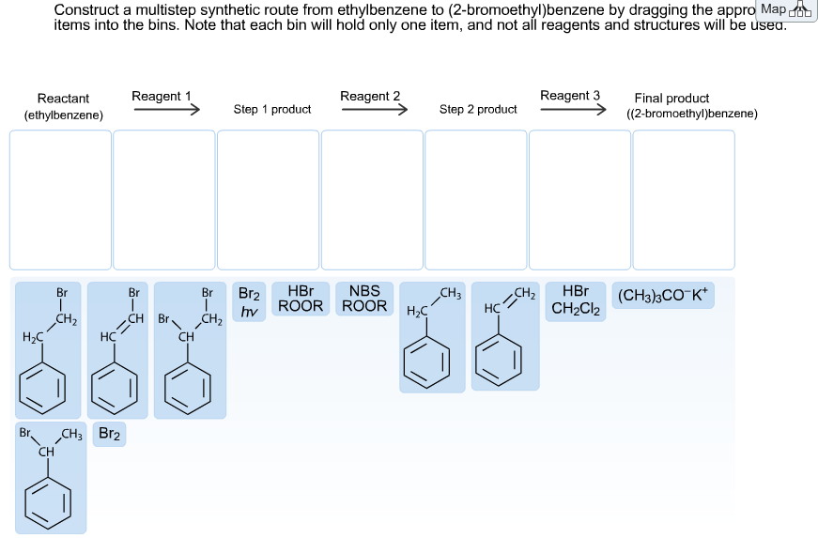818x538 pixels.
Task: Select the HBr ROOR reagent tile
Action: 301,299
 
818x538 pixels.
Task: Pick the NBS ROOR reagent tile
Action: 364,299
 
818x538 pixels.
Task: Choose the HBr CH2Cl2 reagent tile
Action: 576,300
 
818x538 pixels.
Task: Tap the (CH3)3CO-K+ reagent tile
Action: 663,298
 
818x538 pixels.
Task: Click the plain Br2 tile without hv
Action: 109,435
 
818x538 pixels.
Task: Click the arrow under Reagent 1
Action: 166,110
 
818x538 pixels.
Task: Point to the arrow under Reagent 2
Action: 374,110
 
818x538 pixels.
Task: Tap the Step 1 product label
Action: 271,110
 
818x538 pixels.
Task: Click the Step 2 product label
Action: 478,110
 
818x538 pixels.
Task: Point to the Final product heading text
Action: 671,99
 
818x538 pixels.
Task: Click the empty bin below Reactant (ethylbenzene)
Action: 60,200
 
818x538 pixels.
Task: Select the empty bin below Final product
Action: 683,200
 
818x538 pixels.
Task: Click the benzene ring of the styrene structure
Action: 505,361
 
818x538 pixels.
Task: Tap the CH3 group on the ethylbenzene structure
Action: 450,295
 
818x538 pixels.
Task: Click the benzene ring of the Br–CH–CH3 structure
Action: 47,500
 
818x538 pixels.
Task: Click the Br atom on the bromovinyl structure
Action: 134,293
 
